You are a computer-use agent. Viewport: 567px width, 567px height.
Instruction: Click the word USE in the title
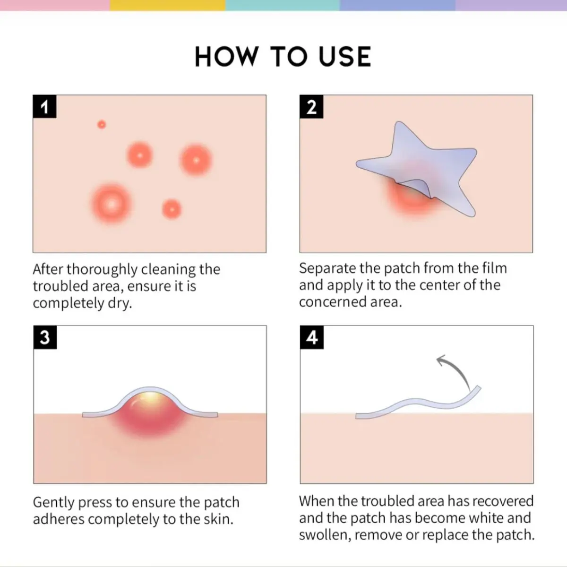345,57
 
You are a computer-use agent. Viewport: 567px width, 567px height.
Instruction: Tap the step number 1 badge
44,106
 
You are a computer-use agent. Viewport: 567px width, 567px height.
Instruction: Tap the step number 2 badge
311,106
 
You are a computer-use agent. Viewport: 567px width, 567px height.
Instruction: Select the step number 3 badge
45,337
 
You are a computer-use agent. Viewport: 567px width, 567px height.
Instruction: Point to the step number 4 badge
312,337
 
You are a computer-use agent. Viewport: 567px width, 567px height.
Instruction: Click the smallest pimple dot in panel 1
102,124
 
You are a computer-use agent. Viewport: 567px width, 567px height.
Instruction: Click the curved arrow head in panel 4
441,360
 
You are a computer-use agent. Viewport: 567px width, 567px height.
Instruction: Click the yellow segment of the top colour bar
167,5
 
